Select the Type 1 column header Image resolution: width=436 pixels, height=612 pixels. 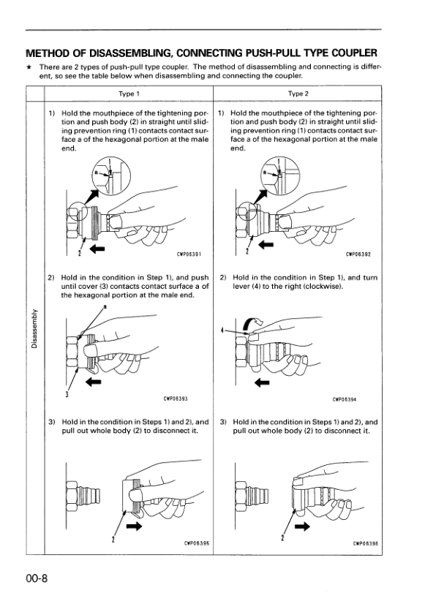(x=128, y=94)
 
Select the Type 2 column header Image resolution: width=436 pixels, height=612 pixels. (x=298, y=94)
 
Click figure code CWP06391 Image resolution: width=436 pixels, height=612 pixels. (x=189, y=255)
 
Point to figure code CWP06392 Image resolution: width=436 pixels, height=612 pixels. (x=358, y=255)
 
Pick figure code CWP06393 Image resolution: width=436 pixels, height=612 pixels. (x=176, y=398)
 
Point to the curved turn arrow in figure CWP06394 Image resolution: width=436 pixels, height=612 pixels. (x=252, y=323)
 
